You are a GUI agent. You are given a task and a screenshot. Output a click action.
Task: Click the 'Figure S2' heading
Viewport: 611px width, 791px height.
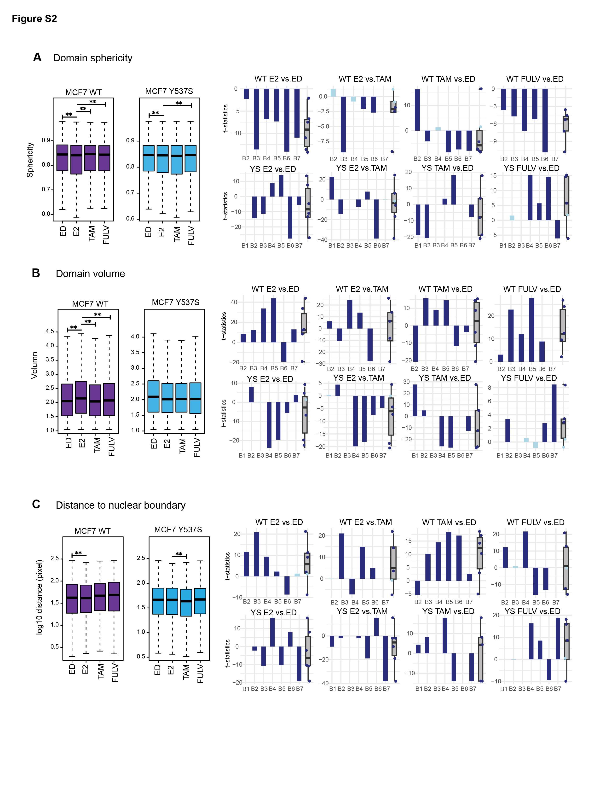point(35,19)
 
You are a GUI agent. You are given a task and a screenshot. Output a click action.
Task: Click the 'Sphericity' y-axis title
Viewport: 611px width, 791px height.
point(30,160)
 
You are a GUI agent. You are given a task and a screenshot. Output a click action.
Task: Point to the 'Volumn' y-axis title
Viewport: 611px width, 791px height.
point(35,365)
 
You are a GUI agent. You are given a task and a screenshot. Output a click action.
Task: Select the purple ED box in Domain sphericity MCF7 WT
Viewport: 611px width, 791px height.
point(62,158)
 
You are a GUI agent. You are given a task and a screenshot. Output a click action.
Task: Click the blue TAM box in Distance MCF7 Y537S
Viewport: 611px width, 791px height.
point(186,602)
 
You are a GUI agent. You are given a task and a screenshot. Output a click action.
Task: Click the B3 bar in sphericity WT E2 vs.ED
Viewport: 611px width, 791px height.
point(256,119)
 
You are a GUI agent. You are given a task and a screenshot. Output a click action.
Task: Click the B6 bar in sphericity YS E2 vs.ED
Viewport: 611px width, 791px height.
point(290,217)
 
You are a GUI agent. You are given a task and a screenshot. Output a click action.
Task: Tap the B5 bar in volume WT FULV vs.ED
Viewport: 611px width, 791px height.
point(531,330)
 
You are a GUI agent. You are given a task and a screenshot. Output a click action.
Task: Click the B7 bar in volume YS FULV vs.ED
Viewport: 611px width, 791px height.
point(554,413)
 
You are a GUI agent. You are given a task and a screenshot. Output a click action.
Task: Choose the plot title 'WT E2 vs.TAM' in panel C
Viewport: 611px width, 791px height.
point(366,522)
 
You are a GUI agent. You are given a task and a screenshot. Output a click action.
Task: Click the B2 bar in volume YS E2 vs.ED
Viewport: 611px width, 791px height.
point(251,394)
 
